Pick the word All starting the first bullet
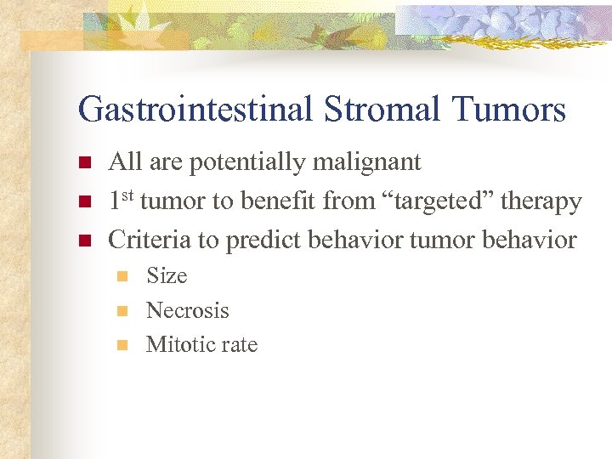(x=126, y=161)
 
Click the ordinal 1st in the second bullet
(x=121, y=201)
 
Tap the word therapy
(x=541, y=201)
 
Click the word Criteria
(x=150, y=240)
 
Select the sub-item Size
(x=167, y=275)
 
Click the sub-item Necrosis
(x=188, y=310)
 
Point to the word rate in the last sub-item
(x=240, y=344)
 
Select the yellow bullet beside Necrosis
(x=122, y=311)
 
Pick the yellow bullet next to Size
(x=122, y=276)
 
